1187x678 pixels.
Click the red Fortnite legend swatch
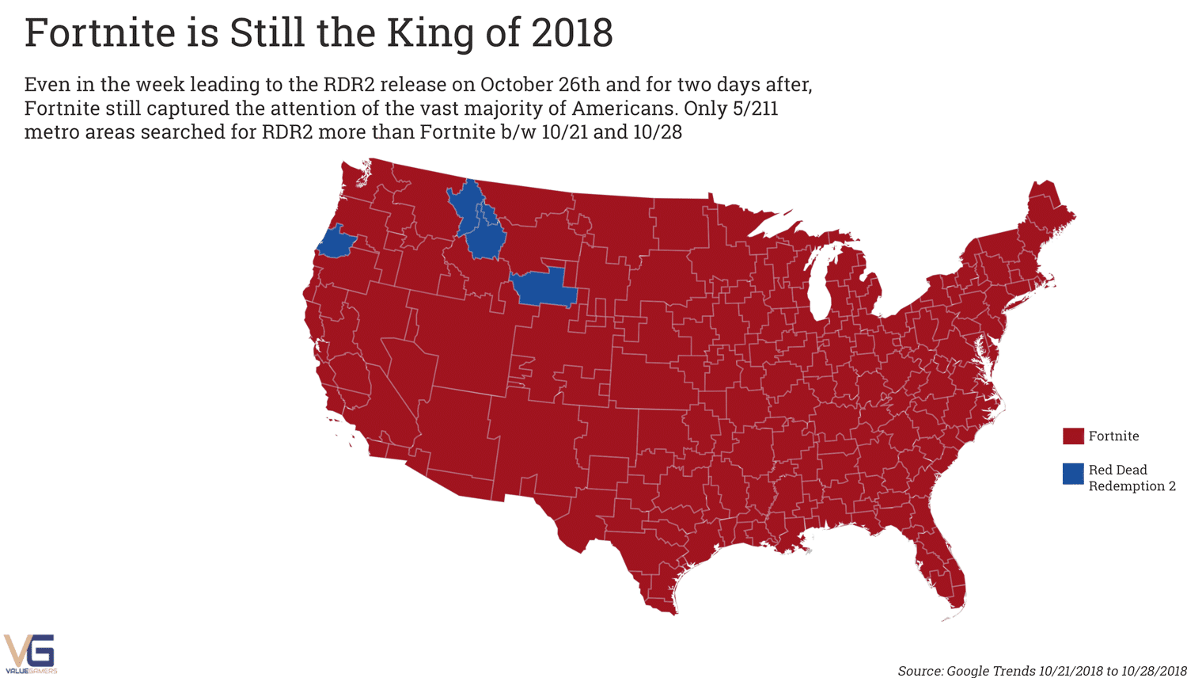tap(1072, 436)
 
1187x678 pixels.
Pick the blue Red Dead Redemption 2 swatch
tap(1072, 474)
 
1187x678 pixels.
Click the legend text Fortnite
tap(1113, 436)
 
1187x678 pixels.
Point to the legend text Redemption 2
tap(1131, 486)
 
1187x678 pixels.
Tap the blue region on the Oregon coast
tap(336, 242)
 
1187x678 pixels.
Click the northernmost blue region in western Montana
tap(467, 200)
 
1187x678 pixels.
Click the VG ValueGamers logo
tap(30, 653)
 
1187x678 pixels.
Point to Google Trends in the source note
tap(990, 671)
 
